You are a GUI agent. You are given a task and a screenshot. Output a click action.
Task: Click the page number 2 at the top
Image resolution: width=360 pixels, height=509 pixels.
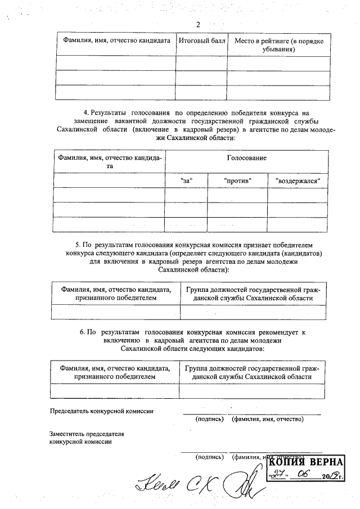point(198,25)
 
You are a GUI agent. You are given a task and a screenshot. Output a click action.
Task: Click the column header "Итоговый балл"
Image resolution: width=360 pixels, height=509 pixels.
point(201,41)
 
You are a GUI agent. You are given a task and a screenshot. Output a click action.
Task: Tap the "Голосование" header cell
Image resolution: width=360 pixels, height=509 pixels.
point(246,158)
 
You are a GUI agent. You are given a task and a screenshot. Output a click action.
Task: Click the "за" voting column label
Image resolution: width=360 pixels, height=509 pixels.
point(186,181)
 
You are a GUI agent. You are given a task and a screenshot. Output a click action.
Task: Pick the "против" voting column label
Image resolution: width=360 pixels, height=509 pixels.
point(237,181)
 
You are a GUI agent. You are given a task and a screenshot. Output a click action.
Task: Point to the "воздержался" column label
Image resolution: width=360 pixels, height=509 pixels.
point(298,181)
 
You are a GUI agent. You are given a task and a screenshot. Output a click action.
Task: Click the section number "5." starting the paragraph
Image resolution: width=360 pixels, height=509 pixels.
point(78,245)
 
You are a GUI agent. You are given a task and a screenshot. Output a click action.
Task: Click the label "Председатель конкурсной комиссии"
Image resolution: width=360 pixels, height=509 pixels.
point(101,411)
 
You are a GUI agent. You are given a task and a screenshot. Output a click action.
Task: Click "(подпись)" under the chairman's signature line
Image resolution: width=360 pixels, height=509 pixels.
point(210,419)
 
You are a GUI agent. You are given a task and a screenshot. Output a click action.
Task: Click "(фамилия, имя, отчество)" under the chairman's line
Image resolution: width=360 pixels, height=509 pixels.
point(267,419)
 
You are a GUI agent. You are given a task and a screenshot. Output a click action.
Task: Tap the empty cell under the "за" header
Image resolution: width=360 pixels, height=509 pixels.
point(186,195)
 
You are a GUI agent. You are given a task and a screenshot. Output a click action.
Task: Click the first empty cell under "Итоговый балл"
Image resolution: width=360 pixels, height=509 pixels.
point(201,63)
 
